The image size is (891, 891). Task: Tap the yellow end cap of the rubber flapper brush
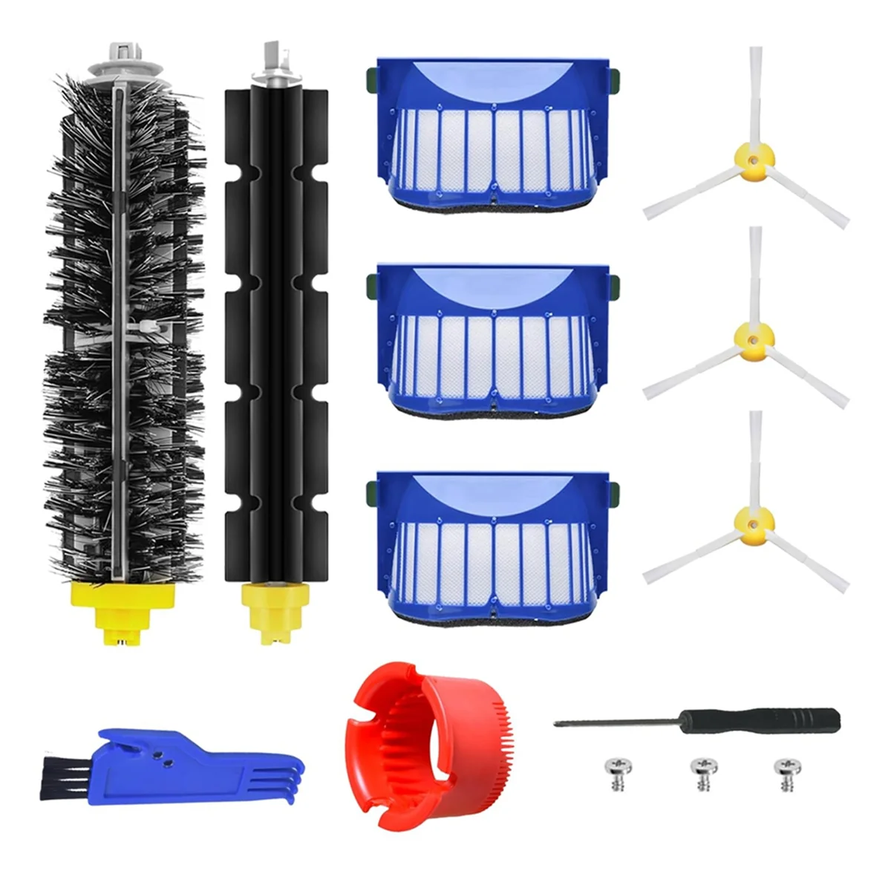[275, 605]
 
